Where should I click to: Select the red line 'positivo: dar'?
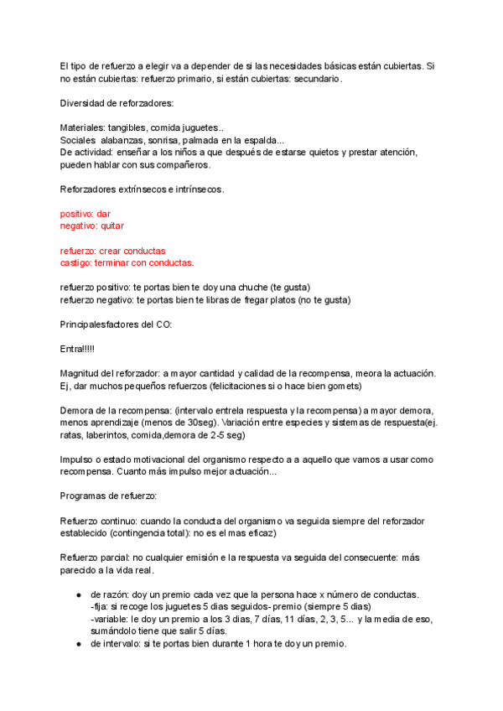[86, 214]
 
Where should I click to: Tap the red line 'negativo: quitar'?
[92, 226]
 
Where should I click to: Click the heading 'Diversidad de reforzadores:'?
[117, 103]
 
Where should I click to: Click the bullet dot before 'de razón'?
[78, 594]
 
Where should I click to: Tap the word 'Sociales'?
[78, 140]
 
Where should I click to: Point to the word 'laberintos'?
[117, 436]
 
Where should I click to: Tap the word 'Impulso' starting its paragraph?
[77, 460]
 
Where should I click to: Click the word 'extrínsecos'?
[143, 189]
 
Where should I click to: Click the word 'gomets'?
[344, 386]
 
